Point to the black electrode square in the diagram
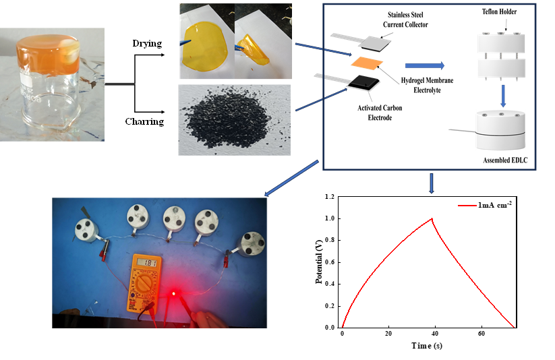click(x=361, y=83)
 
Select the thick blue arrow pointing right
click(x=425, y=65)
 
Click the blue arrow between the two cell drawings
click(x=503, y=94)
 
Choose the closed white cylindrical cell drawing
click(x=500, y=130)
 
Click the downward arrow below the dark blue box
click(x=432, y=184)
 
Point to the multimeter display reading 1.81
click(x=146, y=263)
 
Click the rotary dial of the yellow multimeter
click(x=144, y=285)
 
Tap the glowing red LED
click(x=173, y=295)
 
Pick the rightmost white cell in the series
click(x=254, y=244)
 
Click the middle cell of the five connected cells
click(x=175, y=220)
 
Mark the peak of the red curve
click(x=432, y=218)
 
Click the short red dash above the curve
click(x=468, y=205)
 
